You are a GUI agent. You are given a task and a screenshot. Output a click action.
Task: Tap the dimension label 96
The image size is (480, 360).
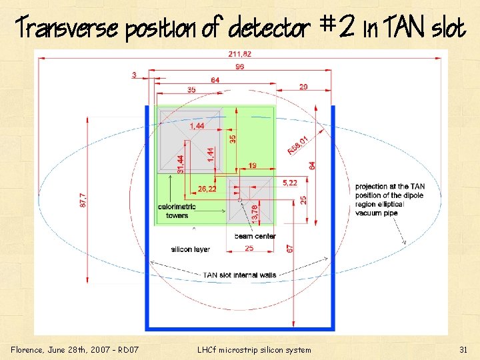click(x=239, y=67)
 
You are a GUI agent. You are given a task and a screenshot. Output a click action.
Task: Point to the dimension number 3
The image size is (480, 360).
click(x=134, y=75)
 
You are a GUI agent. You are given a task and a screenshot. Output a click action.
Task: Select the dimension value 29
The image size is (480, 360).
click(x=303, y=87)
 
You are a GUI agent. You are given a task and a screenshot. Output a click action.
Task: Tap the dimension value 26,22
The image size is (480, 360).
click(x=207, y=189)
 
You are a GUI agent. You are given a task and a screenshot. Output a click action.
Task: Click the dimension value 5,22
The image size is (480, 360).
click(x=290, y=183)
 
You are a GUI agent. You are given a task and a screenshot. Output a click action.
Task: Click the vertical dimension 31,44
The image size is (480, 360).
click(x=181, y=165)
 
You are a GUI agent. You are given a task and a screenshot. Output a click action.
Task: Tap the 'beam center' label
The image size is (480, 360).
click(x=255, y=236)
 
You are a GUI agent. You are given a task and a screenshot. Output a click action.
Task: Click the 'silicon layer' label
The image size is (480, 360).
click(x=191, y=249)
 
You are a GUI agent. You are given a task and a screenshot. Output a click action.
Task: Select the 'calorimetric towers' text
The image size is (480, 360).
click(x=173, y=211)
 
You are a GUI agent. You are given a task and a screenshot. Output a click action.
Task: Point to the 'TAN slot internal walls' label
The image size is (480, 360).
click(x=239, y=275)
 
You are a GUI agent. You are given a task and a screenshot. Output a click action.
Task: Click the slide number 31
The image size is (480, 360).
click(x=463, y=350)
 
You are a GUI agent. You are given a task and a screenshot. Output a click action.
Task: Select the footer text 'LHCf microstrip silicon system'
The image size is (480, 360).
click(x=254, y=350)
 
